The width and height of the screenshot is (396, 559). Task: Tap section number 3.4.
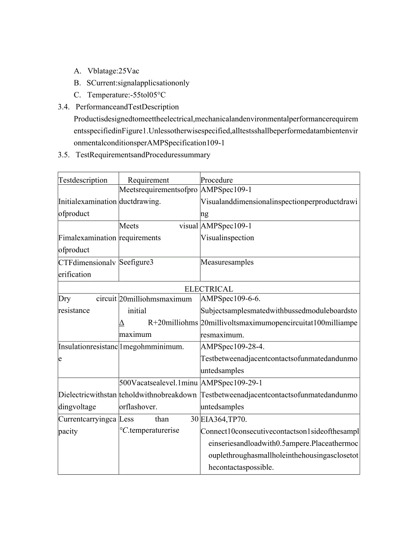coord(64,107)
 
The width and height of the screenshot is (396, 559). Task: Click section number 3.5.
coord(64,155)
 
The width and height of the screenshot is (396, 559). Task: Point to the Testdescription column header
coord(83,180)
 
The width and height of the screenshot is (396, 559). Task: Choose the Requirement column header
coord(148,180)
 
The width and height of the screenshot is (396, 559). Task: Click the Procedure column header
coord(217,180)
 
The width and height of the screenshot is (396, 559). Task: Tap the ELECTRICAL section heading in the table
coord(209,289)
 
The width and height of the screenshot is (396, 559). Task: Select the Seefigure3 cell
coord(136,262)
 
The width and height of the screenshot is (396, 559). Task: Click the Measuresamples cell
coord(227,262)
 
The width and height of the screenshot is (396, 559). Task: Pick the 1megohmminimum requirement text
coord(152,346)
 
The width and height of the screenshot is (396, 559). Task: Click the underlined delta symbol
coord(122,323)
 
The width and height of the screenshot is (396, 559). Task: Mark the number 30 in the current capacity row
coord(194,419)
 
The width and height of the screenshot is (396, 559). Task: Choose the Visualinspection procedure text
coord(228,238)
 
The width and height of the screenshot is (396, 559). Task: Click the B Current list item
coord(138,83)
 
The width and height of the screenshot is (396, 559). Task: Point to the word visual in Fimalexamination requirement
coord(189,226)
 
